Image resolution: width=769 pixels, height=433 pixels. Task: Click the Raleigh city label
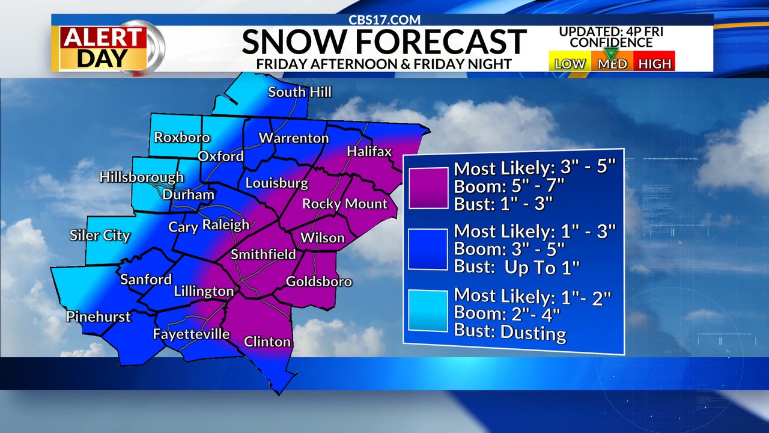click(x=226, y=225)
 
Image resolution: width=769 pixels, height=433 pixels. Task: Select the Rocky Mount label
click(x=345, y=204)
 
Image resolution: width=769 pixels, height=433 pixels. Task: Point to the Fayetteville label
click(x=191, y=334)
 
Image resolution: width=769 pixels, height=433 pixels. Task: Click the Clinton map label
click(x=267, y=342)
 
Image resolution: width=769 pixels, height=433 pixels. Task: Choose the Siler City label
click(x=100, y=235)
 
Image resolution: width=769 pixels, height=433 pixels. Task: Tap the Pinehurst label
click(x=99, y=316)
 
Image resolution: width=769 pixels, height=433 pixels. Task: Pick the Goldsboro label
click(x=318, y=281)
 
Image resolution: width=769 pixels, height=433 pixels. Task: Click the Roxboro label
click(x=182, y=137)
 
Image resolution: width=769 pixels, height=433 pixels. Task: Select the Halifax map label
click(x=369, y=152)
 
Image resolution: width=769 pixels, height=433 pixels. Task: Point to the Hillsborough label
click(x=142, y=177)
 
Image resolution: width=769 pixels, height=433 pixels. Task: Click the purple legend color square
click(x=428, y=188)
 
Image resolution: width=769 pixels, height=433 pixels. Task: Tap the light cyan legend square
click(x=428, y=310)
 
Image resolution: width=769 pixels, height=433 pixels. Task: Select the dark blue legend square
click(x=428, y=249)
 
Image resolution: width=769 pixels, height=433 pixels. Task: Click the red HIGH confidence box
click(x=654, y=63)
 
